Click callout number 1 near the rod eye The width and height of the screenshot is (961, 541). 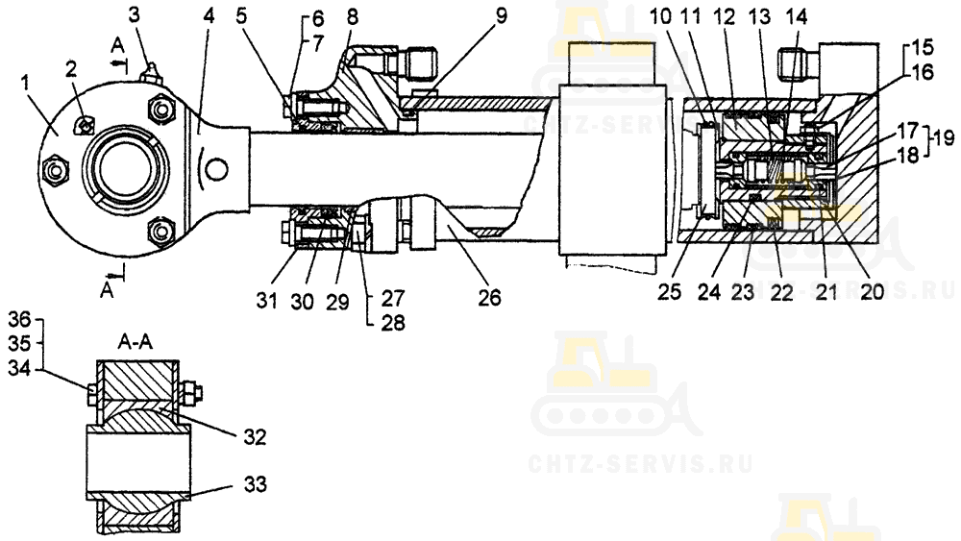click(x=25, y=85)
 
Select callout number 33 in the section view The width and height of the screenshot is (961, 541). click(x=255, y=484)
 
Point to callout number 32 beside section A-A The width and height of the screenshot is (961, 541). click(x=255, y=437)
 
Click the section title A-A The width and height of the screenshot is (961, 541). click(x=135, y=342)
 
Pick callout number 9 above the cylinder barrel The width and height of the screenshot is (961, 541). click(x=502, y=15)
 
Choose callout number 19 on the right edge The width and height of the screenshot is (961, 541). click(x=944, y=137)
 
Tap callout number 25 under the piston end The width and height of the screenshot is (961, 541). click(x=669, y=291)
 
